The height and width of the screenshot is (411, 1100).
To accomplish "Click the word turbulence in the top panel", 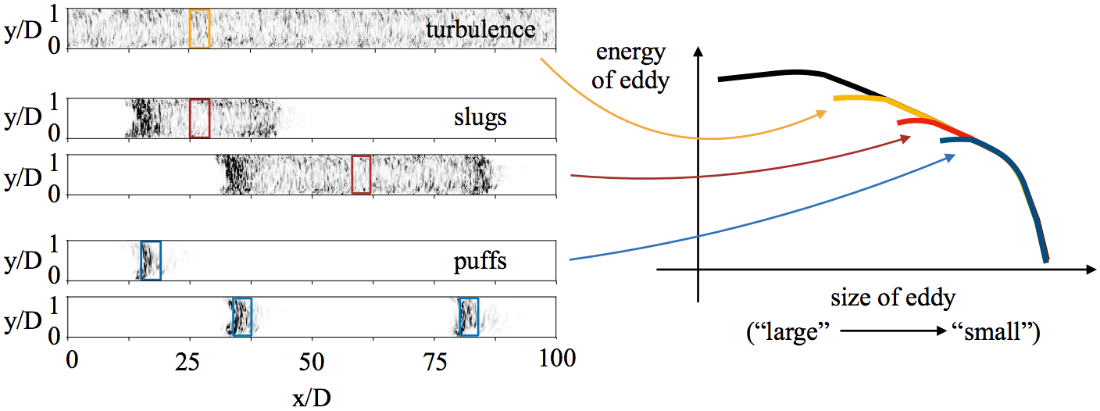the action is coord(480,29).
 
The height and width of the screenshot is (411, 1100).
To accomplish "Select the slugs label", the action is coord(480,118).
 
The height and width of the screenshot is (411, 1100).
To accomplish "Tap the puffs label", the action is coord(480,261).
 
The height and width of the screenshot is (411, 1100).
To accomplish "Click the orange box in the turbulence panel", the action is coord(200,28).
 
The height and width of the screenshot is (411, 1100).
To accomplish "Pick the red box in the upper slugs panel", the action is coord(200,118).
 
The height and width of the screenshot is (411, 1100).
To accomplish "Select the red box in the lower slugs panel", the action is coord(362,175).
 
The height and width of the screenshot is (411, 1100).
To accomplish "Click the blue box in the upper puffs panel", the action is coord(151,261).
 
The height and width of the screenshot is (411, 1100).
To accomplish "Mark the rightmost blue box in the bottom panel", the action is coord(469,316).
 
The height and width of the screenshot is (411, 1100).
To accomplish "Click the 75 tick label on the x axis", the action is coord(434,362).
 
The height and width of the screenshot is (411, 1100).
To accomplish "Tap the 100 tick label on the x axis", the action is coord(557,359).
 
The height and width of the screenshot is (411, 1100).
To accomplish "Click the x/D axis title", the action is coord(312,397).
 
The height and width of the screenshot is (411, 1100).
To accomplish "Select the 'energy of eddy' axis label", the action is coord(630,66).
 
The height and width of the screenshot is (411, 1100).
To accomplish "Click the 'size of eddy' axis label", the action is coord(893,298).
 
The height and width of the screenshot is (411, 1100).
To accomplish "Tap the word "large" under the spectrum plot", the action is coord(788,332).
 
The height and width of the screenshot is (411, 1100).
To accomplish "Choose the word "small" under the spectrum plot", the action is coord(996,332).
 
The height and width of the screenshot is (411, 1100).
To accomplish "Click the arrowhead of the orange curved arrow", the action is coord(822,114).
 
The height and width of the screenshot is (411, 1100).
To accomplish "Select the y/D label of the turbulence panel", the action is coord(23,31).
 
